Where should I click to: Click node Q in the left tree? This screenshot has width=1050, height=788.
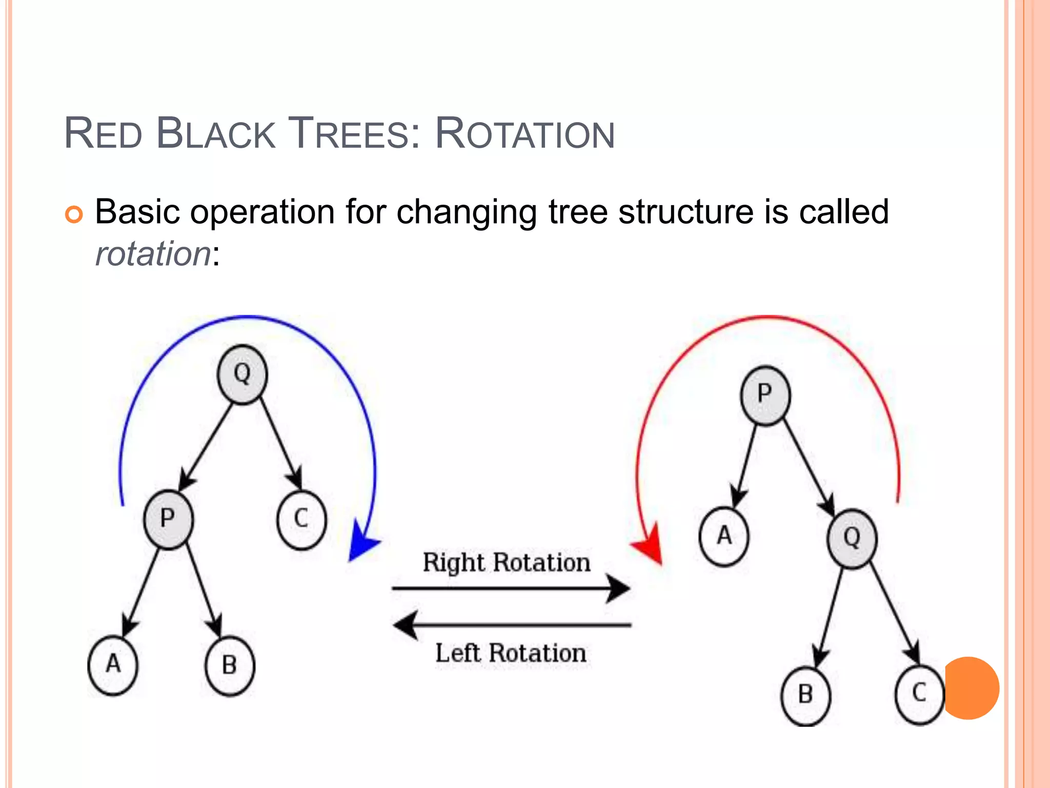pyautogui.click(x=242, y=375)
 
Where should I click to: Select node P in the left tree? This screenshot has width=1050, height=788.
pyautogui.click(x=168, y=519)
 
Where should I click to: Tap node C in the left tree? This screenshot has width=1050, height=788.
pyautogui.click(x=301, y=519)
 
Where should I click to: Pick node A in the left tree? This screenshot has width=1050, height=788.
pyautogui.click(x=113, y=665)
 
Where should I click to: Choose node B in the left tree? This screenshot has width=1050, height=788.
pyautogui.click(x=230, y=666)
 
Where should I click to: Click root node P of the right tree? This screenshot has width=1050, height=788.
pyautogui.click(x=765, y=395)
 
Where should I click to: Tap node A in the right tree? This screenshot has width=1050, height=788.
pyautogui.click(x=724, y=537)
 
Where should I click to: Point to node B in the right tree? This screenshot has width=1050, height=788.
pyautogui.click(x=805, y=695)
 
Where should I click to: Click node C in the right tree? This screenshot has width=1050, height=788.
pyautogui.click(x=919, y=694)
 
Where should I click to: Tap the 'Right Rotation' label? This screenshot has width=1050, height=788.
pyautogui.click(x=507, y=563)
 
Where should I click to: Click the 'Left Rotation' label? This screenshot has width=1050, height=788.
pyautogui.click(x=511, y=654)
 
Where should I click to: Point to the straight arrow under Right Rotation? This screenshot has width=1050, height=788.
pyautogui.click(x=511, y=588)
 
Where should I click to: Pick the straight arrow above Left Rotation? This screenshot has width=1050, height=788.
pyautogui.click(x=512, y=625)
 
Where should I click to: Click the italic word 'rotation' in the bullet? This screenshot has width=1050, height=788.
pyautogui.click(x=153, y=254)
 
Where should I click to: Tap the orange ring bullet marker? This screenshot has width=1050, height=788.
pyautogui.click(x=74, y=214)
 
